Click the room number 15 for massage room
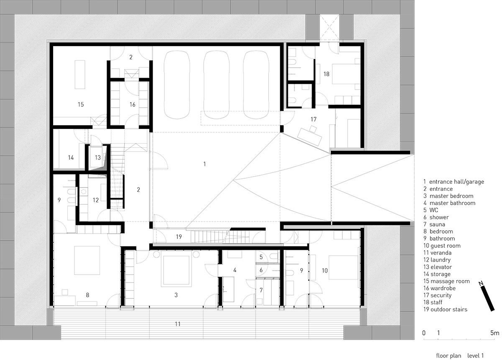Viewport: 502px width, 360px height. [x=81, y=104]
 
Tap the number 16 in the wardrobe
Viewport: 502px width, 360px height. [x=133, y=104]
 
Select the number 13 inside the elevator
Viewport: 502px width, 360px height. [x=98, y=157]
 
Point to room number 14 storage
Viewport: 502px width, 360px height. [x=71, y=158]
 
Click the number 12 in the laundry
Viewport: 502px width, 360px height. [x=96, y=200]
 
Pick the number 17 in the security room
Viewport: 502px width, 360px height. [x=313, y=119]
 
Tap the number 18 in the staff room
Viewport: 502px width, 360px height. [x=326, y=74]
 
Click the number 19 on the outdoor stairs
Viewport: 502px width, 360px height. [x=179, y=237]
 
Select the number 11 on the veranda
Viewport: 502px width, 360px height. [x=178, y=324]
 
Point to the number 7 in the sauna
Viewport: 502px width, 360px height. [x=261, y=290]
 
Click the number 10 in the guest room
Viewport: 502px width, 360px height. [x=325, y=270]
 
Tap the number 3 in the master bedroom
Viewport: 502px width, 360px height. [x=176, y=295]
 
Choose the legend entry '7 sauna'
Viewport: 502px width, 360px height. [x=434, y=224]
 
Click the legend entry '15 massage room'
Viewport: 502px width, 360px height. [x=446, y=281]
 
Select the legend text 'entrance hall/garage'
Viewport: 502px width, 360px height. [x=456, y=182]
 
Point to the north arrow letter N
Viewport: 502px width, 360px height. [x=481, y=283]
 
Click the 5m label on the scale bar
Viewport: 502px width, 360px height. [x=494, y=333]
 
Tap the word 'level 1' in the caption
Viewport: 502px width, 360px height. [x=475, y=356]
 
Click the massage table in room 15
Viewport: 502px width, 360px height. [x=80, y=75]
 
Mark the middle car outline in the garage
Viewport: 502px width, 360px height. [x=217, y=85]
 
